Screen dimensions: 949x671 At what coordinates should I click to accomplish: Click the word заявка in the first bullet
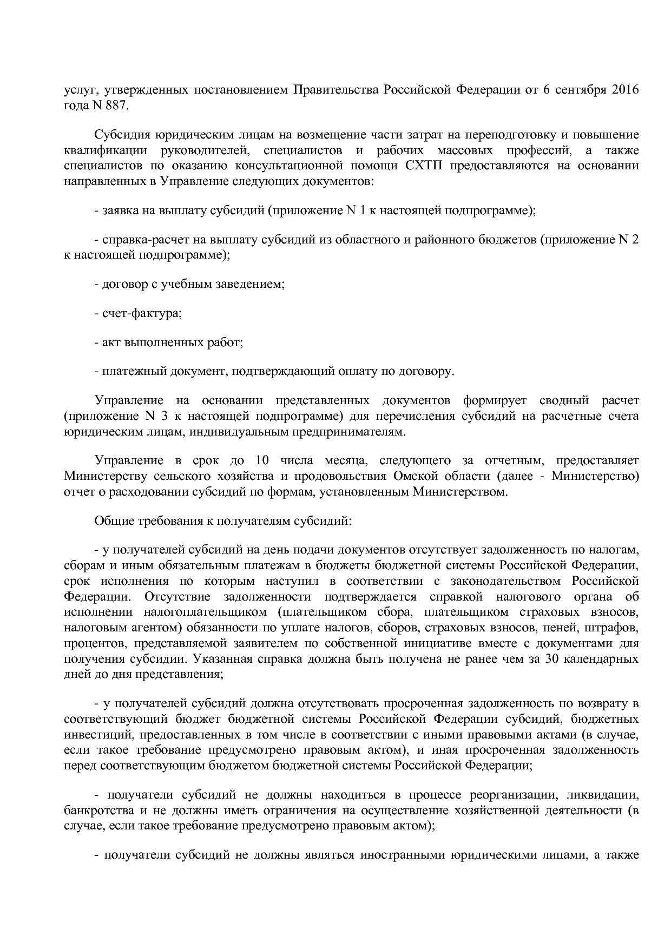tap(120, 210)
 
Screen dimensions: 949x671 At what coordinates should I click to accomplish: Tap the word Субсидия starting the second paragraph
tap(121, 135)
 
